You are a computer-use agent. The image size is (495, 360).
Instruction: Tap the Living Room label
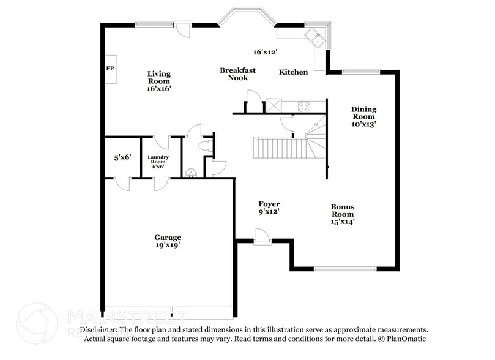tap(158, 81)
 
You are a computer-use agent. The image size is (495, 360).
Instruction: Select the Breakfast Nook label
tap(237, 74)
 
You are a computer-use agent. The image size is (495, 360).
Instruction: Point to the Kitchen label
tap(294, 72)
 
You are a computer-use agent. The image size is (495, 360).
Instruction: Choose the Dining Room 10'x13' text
tap(363, 116)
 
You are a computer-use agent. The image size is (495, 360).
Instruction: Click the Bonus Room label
tap(343, 214)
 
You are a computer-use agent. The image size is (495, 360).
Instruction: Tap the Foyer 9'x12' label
tap(269, 208)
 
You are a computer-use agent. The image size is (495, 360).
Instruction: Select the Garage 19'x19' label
tap(167, 241)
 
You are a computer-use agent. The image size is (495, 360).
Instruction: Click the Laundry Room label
tap(158, 162)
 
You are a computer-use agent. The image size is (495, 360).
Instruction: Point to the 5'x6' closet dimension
tap(122, 157)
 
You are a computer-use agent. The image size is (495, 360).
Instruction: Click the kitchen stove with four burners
tap(303, 107)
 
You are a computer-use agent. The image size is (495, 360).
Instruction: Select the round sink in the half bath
tap(190, 173)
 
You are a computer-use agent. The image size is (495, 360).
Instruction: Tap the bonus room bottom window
tap(345, 268)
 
